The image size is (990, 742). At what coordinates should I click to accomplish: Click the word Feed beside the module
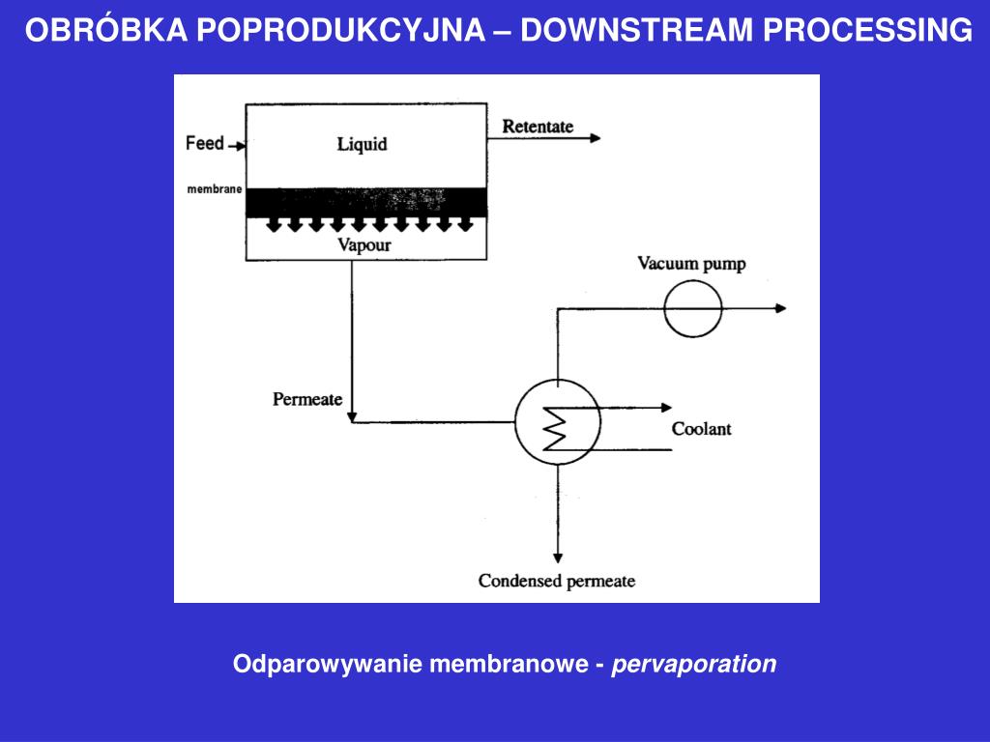point(205,143)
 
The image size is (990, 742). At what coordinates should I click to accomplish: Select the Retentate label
point(538,127)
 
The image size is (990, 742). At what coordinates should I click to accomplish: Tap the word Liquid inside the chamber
point(362,145)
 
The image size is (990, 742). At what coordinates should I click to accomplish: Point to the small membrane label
point(215,188)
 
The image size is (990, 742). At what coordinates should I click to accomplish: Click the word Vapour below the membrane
point(364,244)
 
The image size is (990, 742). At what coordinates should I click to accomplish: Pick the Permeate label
point(307,399)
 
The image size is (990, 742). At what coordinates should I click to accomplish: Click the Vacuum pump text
point(691,264)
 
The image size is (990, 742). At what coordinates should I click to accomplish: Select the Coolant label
point(702,429)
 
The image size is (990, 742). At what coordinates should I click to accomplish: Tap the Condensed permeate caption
point(557,581)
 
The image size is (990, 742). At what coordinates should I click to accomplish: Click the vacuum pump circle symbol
point(692,308)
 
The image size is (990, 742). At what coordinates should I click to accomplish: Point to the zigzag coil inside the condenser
point(555,428)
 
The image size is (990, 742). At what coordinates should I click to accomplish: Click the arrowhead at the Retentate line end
point(596,138)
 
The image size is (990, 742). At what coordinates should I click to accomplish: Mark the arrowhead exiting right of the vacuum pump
point(781,308)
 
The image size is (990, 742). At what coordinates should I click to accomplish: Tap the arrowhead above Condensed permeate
point(558,558)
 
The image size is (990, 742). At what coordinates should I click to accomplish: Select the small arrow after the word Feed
point(238,147)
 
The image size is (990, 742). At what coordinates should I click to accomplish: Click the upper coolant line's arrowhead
point(666,408)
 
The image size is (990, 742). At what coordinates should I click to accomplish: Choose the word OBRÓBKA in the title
point(106,30)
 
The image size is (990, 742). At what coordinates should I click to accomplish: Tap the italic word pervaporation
point(694,665)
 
